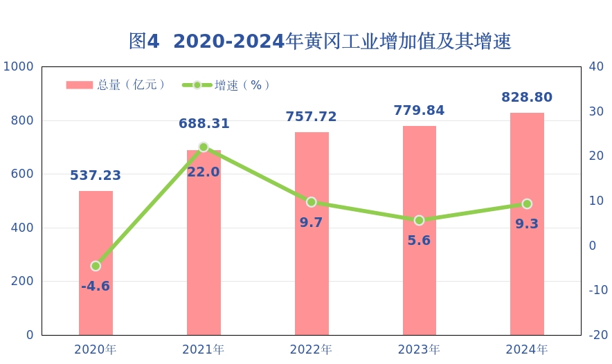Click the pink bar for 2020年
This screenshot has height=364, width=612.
coord(96,263)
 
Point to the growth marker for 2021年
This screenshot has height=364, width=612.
coord(204,147)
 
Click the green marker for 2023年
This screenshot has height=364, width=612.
coord(419,220)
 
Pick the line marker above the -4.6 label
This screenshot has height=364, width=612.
coord(96,266)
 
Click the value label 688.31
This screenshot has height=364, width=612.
coord(204,124)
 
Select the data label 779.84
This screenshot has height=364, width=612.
coord(419,111)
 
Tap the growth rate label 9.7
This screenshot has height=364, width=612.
coord(311,222)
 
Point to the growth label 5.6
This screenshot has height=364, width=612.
coord(419,240)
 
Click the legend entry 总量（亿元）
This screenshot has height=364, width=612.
coord(116,85)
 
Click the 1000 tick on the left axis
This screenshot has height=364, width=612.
coord(19,66)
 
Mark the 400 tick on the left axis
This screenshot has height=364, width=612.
coord(24,228)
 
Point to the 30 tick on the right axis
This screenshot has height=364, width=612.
coord(596,111)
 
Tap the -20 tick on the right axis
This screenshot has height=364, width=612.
coord(597,335)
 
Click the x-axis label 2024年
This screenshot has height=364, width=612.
coord(527,349)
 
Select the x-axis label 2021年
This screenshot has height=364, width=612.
coord(204,349)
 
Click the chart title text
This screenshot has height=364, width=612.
coord(320,42)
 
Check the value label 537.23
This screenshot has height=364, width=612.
coord(96,176)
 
